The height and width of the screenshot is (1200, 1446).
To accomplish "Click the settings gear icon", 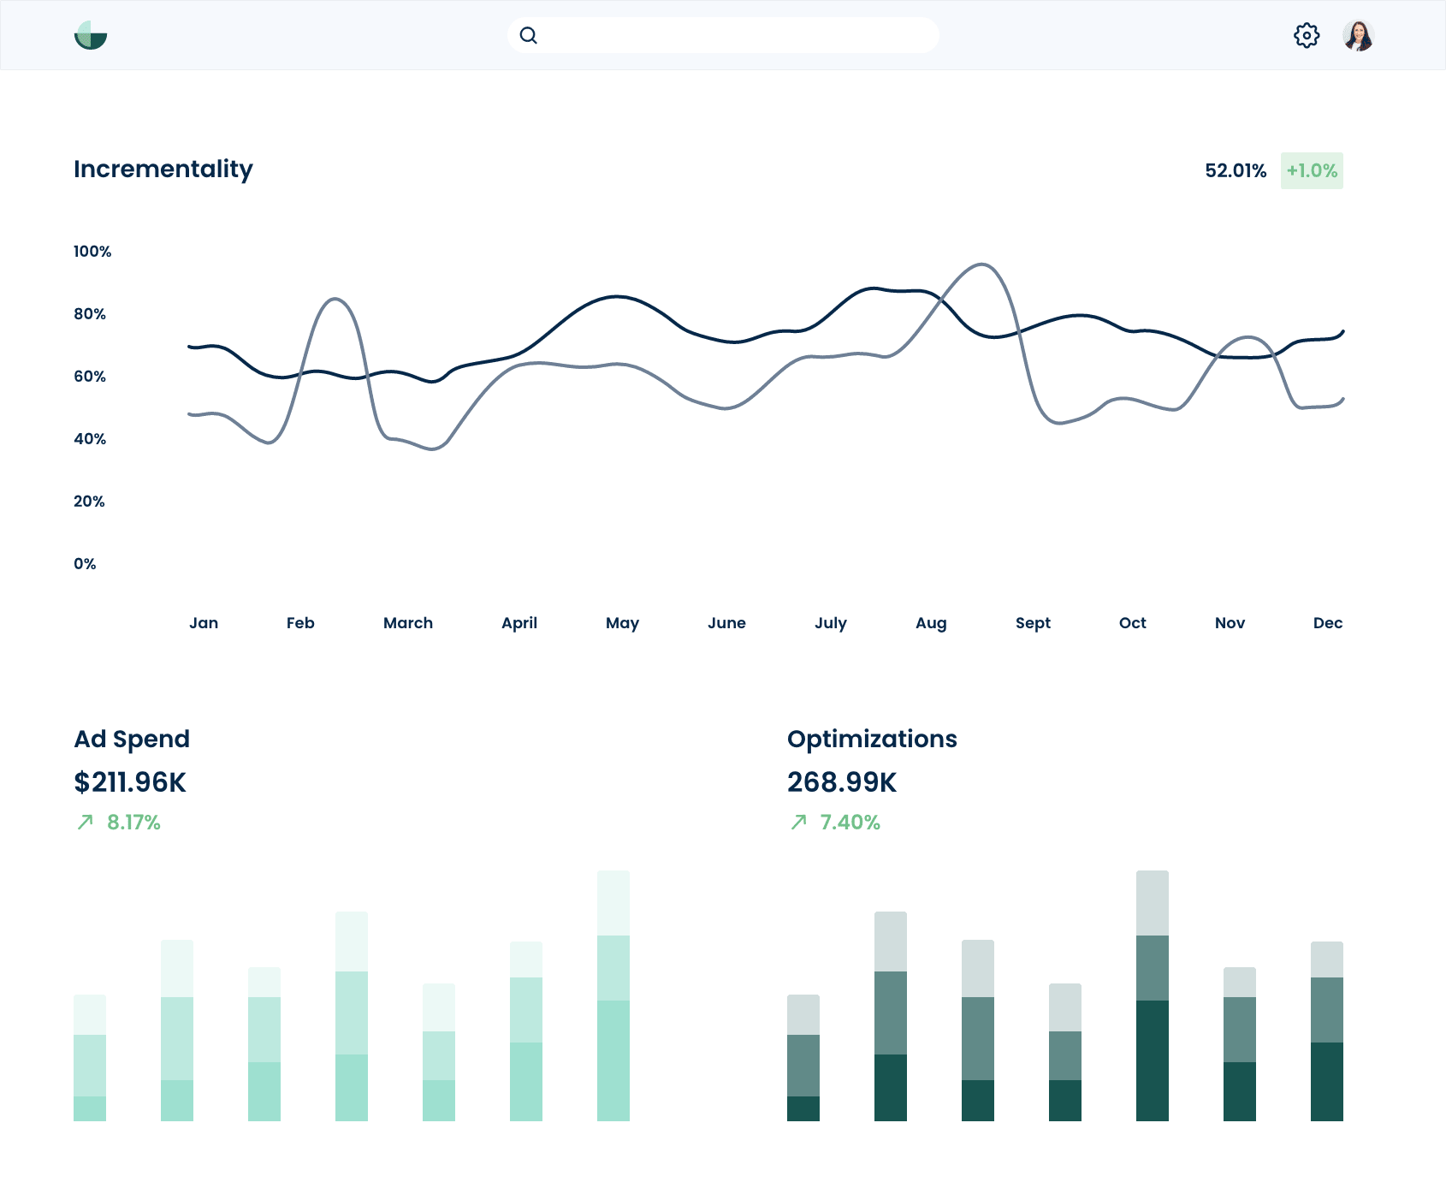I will point(1307,36).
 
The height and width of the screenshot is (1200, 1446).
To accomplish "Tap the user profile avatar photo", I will point(1358,36).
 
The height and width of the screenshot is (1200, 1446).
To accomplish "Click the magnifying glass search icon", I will point(529,35).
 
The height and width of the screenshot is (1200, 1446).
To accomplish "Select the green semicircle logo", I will point(91,36).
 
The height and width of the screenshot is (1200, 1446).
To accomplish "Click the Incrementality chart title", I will point(163,169).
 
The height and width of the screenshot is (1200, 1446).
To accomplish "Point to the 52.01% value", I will point(1236,170).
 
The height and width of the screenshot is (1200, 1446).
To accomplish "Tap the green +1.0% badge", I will point(1312,170).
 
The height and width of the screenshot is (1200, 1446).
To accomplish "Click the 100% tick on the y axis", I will point(92,252).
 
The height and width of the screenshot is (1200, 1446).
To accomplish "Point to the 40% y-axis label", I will point(90,439).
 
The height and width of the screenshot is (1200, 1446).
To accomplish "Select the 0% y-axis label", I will point(85,564).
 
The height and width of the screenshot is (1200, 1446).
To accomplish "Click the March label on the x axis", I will point(408,623).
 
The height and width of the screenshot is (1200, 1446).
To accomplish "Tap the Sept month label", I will point(1033,623).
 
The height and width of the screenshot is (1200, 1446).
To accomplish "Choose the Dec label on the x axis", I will point(1328,623).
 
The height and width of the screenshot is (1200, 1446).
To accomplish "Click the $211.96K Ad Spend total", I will point(130,782).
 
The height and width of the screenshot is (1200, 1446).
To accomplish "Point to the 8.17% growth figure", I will point(133,823).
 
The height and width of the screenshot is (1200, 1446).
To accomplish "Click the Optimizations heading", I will point(872,739).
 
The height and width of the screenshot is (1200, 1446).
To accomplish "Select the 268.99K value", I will point(842,782).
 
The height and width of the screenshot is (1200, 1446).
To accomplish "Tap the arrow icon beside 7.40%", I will point(799,823).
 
